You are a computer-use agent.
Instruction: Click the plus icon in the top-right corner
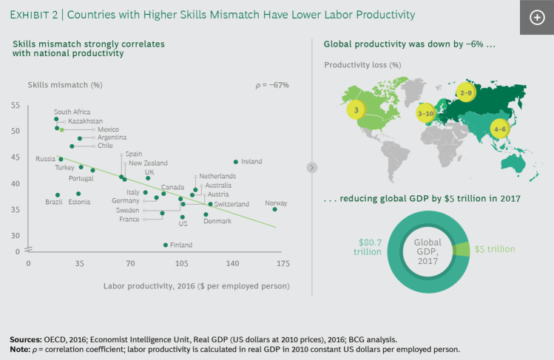tap(537, 18)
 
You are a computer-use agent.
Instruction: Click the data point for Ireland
tap(236, 161)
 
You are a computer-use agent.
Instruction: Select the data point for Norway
tap(274, 209)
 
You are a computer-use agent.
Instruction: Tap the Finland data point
tap(165, 245)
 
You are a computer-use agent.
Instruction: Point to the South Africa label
tap(72, 112)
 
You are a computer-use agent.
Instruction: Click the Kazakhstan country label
tap(85, 120)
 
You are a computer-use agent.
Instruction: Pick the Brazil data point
tap(58, 195)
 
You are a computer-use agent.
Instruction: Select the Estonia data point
tap(78, 194)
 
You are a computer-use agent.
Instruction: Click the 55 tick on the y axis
tap(16, 105)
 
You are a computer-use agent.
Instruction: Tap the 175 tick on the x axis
tap(283, 263)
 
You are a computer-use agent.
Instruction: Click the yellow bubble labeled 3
tap(357, 111)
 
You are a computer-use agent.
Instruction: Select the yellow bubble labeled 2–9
tap(465, 93)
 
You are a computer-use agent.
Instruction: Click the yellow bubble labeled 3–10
tap(426, 114)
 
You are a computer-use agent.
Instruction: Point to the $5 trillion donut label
tap(495, 249)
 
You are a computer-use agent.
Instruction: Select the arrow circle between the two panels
tap(312, 168)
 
